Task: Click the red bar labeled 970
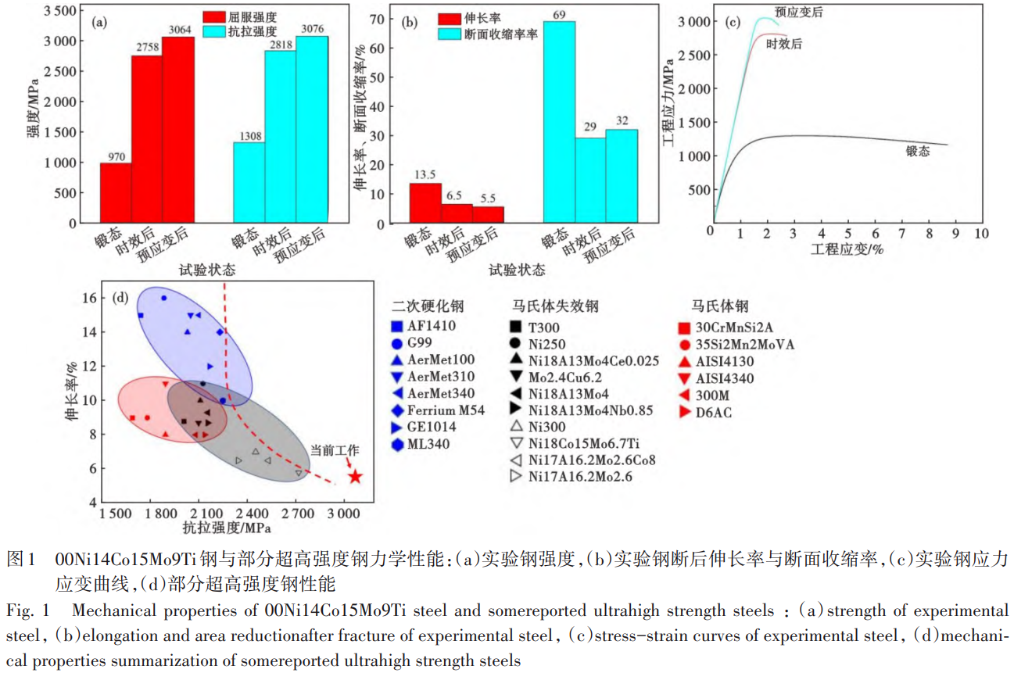pos(116,192)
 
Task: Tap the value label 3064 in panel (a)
pos(178,30)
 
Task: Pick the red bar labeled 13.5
pos(425,203)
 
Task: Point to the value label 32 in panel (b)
pos(622,121)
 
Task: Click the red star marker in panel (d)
pos(355,476)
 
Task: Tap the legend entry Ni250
pos(547,343)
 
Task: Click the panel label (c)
pos(733,21)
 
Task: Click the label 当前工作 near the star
pos(335,450)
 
